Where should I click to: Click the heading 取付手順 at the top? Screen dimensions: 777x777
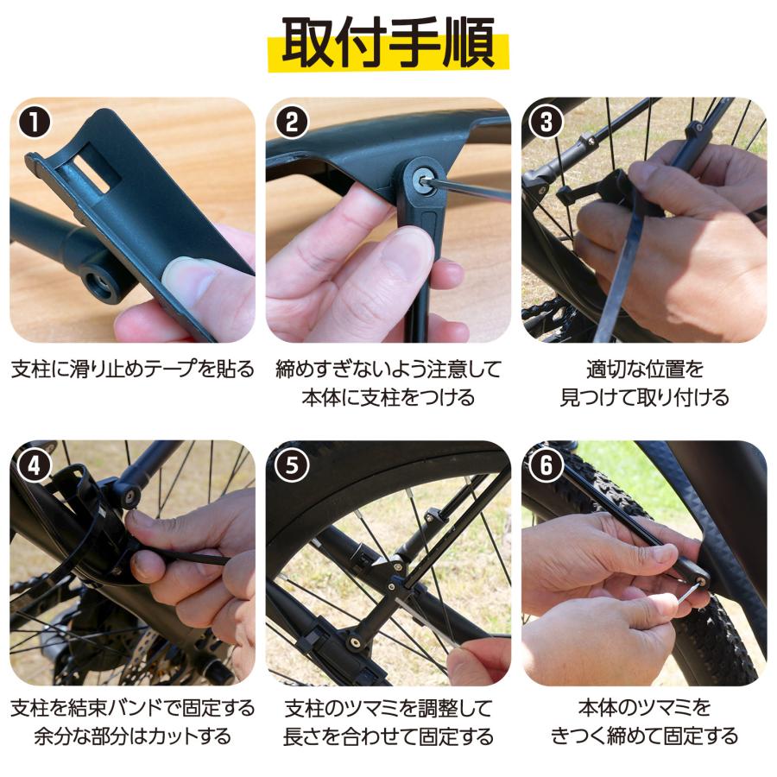point(388,42)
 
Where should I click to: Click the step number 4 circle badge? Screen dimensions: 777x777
point(34,467)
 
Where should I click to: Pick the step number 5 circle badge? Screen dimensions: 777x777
point(291,467)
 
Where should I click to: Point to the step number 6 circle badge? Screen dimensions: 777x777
point(546,467)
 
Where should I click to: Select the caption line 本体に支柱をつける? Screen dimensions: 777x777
point(388,398)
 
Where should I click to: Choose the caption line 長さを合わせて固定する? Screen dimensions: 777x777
point(388,736)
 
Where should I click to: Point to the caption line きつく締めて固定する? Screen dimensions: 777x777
point(644,736)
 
